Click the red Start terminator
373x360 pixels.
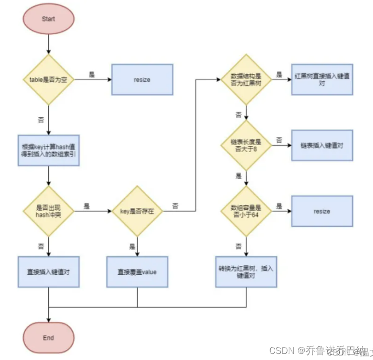pyautogui.click(x=48, y=20)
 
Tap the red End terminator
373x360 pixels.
pyautogui.click(x=48, y=337)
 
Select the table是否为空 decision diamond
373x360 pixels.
pyautogui.click(x=48, y=80)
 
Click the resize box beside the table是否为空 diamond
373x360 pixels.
pyautogui.click(x=142, y=80)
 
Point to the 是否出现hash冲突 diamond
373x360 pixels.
pyautogui.click(x=48, y=211)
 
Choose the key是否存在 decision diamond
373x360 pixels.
pyautogui.click(x=137, y=211)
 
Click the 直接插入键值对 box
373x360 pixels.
pyautogui.click(x=48, y=272)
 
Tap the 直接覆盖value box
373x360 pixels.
pyautogui.click(x=137, y=272)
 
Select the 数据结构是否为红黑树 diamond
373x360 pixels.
pyautogui.click(x=246, y=80)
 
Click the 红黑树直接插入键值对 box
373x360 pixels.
pyautogui.click(x=322, y=80)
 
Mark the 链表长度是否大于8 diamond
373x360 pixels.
pyautogui.click(x=246, y=145)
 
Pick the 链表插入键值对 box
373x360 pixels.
pyautogui.click(x=322, y=145)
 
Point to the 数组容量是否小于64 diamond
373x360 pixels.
pyautogui.click(x=246, y=211)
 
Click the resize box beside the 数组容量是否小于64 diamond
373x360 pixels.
pyautogui.click(x=322, y=211)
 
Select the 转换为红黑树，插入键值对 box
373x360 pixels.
pyautogui.click(x=246, y=272)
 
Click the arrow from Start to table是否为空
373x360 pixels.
pyautogui.click(x=48, y=44)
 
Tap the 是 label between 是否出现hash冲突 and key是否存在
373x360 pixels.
pyautogui.click(x=86, y=205)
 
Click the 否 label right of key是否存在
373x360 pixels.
pyautogui.click(x=175, y=205)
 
